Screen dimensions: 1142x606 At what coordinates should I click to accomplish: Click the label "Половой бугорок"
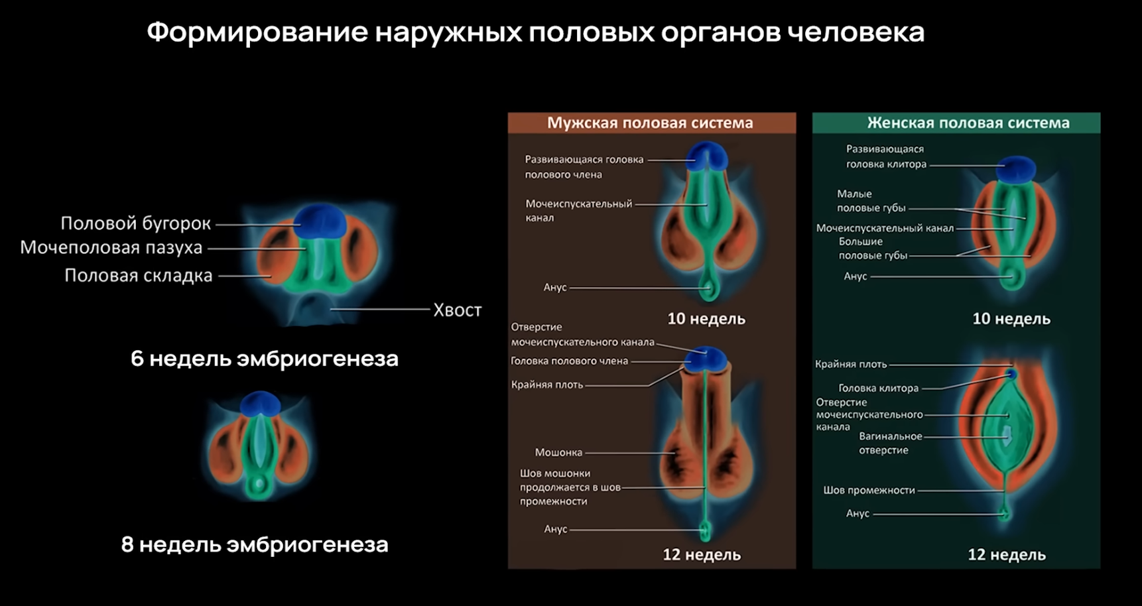tap(135, 223)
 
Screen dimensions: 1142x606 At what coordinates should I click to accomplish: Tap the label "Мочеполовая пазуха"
tap(111, 248)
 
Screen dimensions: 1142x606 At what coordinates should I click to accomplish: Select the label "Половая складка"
tap(138, 276)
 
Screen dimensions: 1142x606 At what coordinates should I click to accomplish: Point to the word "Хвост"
tap(457, 310)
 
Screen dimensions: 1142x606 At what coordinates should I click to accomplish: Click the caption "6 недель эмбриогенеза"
tap(265, 359)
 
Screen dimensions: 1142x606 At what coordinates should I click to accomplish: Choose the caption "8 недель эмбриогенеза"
tap(255, 544)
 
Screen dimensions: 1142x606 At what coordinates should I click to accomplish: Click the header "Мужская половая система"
tap(650, 123)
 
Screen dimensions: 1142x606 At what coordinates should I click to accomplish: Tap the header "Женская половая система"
tap(968, 123)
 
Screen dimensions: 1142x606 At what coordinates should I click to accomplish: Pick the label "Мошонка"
tap(558, 453)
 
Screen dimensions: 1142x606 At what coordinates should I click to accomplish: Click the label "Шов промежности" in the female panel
tap(869, 491)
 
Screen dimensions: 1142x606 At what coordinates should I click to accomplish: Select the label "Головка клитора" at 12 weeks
tap(878, 389)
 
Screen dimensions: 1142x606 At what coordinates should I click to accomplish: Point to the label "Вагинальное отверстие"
tap(890, 443)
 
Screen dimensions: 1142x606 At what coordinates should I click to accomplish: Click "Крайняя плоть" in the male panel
tap(547, 385)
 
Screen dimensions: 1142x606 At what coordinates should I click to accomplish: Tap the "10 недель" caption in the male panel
tap(706, 319)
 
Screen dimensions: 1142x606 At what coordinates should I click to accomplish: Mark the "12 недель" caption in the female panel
tap(1007, 555)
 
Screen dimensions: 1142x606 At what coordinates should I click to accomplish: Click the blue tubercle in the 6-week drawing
tap(320, 221)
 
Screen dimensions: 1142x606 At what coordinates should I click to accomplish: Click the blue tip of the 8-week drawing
tap(260, 404)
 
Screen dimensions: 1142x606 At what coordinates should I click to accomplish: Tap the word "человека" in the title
tap(856, 32)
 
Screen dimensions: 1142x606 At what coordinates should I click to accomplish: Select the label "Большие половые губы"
tap(872, 249)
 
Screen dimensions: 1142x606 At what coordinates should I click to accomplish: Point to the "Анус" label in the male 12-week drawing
tap(555, 529)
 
